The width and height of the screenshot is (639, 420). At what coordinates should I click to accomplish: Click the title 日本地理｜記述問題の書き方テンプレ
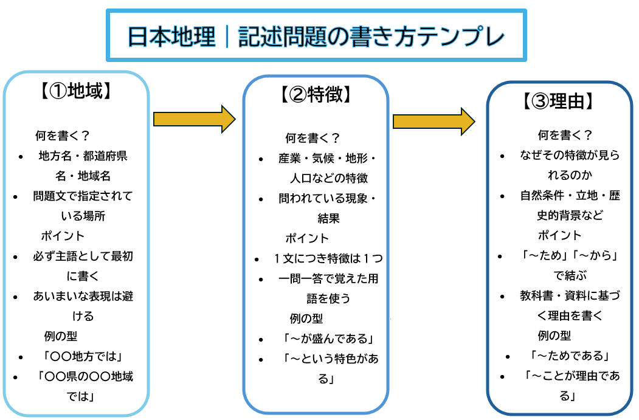coord(316,36)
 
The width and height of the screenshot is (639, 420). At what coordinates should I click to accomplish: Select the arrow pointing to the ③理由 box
coord(433,122)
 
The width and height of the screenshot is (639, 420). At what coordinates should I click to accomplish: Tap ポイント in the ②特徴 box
coord(307,238)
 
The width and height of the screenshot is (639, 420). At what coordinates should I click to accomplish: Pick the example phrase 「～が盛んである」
coord(326,339)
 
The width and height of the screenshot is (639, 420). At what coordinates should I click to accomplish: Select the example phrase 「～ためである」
coord(570,356)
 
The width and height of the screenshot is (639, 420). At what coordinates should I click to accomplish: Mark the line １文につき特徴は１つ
coord(328,258)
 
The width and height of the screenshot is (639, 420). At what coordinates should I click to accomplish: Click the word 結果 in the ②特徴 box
coord(328,218)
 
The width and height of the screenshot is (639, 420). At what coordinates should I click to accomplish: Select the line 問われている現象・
coord(328,198)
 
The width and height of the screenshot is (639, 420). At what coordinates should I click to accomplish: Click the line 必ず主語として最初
coord(83,256)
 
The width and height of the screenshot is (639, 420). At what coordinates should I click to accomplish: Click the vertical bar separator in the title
coord(226,36)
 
